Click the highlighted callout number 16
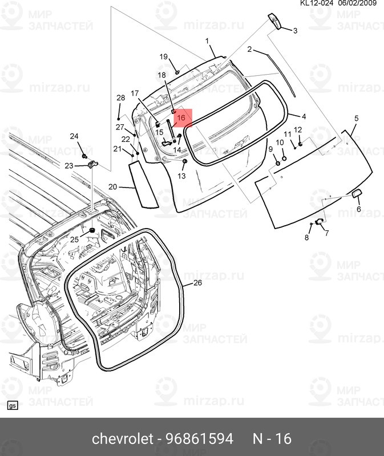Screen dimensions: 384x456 coord(181,118)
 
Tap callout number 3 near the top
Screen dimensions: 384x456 coord(295,31)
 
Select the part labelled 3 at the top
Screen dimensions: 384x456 coord(274,21)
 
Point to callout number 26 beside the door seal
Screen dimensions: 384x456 coord(197,283)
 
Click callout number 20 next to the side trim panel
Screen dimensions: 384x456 coord(112,187)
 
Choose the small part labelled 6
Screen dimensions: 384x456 coord(357,193)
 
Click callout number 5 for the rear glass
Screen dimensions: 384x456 coord(357,119)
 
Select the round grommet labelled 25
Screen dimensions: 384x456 coord(92,230)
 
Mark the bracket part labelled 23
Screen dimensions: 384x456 coord(93,165)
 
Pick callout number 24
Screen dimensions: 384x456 coord(74,136)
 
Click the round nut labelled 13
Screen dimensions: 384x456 coord(184,161)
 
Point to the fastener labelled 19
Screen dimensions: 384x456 coord(177,72)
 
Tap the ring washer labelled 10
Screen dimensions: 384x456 coord(284,158)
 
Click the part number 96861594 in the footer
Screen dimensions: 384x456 coord(200,438)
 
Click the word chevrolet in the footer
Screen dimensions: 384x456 coord(123,438)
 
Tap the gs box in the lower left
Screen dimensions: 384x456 coord(13,406)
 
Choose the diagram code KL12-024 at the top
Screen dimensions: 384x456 coord(317,3)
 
